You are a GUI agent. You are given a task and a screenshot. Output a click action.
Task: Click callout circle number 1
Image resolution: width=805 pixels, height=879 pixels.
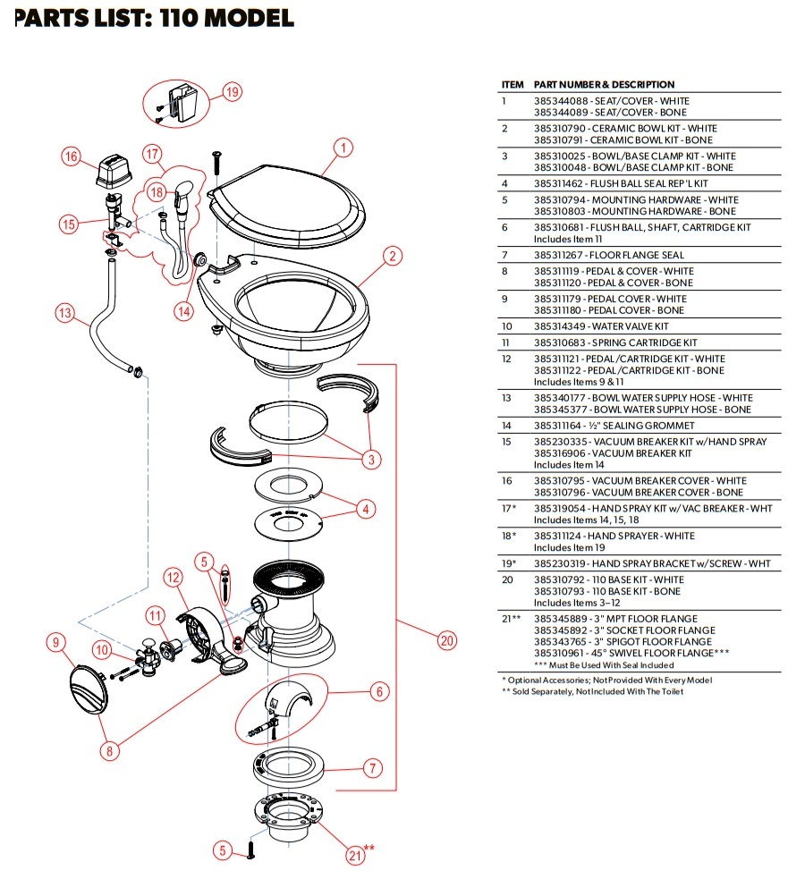click(x=343, y=148)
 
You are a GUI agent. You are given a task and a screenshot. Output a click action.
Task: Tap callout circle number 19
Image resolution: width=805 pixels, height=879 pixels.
click(x=232, y=91)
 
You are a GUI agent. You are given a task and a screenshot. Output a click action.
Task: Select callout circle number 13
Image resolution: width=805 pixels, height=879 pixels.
click(x=64, y=314)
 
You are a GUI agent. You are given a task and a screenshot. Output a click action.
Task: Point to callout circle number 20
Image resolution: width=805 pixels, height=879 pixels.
click(x=446, y=639)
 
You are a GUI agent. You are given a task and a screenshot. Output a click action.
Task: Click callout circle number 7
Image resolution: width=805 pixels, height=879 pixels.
click(x=373, y=767)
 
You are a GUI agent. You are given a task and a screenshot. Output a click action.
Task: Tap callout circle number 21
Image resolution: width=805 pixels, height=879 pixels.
click(x=355, y=856)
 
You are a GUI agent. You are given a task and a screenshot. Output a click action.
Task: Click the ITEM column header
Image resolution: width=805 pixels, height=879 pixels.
click(x=513, y=84)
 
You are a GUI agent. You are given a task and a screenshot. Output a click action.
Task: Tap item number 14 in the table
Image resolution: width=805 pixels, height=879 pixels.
click(x=507, y=426)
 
